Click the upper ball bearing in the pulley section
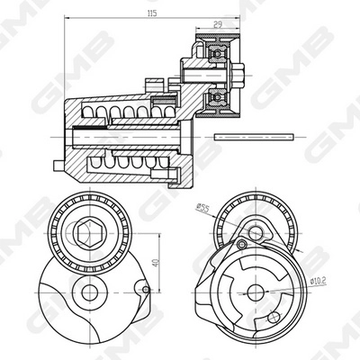click(215, 53)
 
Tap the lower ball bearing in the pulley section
click(215, 97)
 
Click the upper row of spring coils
click(117, 112)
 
